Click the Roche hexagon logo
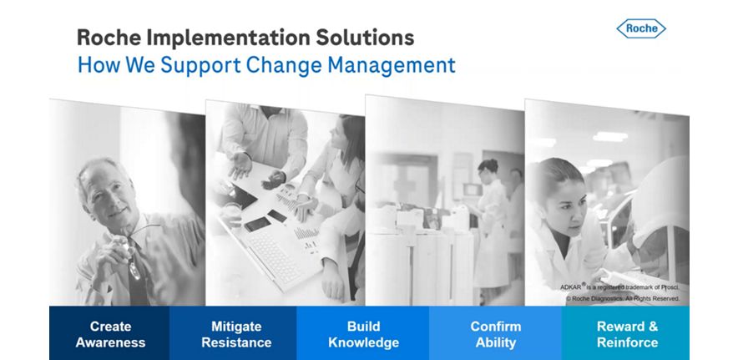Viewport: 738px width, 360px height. tap(641, 28)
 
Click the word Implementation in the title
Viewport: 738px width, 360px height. tap(227, 38)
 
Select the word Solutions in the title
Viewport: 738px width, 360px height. tap(365, 38)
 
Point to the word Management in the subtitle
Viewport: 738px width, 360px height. tap(392, 65)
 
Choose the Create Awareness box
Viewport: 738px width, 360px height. tap(109, 333)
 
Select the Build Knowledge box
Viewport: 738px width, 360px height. tap(363, 333)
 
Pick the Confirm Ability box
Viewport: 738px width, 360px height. tap(495, 333)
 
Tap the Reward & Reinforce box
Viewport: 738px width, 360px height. tap(625, 333)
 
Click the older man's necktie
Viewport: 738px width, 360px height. tap(138, 273)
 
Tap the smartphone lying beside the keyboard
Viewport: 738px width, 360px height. tap(257, 224)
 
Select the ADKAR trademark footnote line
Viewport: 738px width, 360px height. tap(619, 286)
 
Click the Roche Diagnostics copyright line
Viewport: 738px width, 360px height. tap(623, 298)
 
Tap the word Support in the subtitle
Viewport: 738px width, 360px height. tap(200, 65)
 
